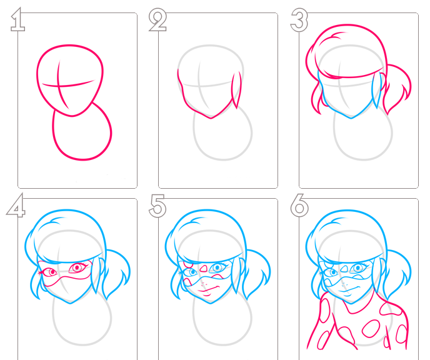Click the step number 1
(17, 20)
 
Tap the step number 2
(157, 20)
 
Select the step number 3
(299, 20)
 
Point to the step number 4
(16, 206)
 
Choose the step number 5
(157, 206)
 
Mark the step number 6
(299, 206)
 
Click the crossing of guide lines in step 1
(58, 86)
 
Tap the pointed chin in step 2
(211, 118)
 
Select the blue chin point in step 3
(351, 118)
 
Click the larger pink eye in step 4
(77, 267)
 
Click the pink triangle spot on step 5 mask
(203, 268)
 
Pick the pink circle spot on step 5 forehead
(189, 265)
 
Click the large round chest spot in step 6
(371, 328)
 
